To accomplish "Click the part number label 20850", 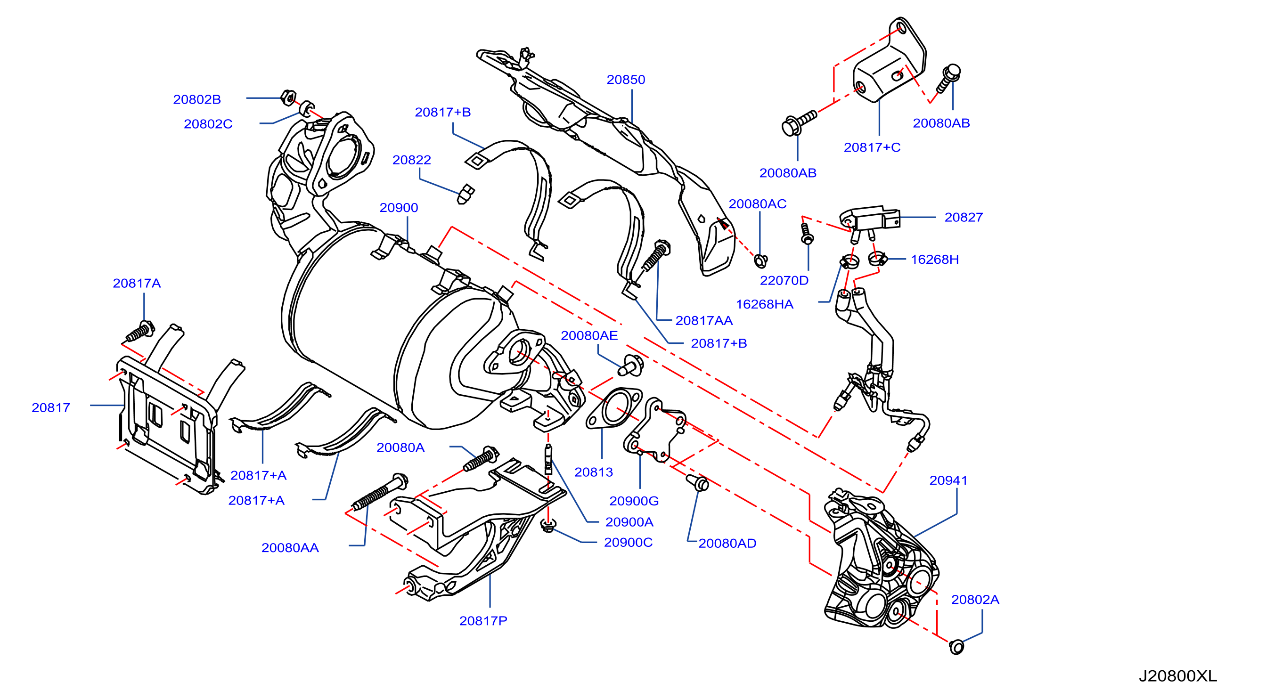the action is (626, 80).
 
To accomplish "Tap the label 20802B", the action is (197, 100).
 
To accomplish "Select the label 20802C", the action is (208, 124).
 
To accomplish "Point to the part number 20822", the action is (411, 160).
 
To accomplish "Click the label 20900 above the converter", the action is (399, 208).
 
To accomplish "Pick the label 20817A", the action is (137, 284).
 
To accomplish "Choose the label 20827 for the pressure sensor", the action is (963, 217).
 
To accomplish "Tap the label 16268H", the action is (934, 260).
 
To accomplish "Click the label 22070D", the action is (784, 280).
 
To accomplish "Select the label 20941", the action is (948, 480).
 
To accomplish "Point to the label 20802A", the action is (975, 600).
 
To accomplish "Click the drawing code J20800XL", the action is (1177, 676).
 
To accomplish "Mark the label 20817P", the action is (483, 621).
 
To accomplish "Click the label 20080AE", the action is (589, 335).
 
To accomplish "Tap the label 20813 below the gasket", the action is (594, 472).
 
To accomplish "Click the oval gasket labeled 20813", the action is (614, 408).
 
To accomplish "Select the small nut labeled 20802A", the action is (956, 647).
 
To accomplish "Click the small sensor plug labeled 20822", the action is (465, 195).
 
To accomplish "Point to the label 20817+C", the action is (872, 147).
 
